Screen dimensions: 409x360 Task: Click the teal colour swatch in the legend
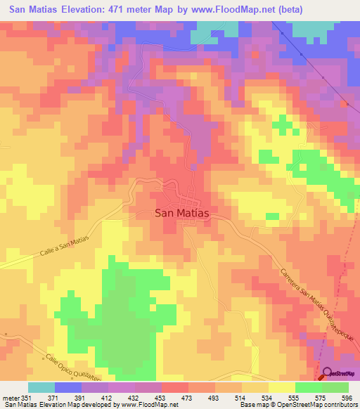pos(41,387)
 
